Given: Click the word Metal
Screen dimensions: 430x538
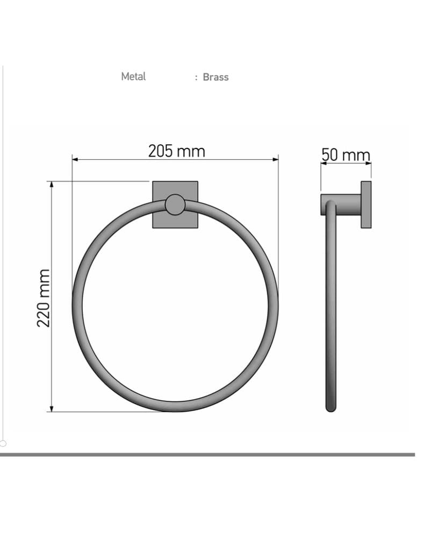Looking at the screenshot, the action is (x=133, y=76).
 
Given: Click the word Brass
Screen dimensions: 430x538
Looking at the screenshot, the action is (x=216, y=77).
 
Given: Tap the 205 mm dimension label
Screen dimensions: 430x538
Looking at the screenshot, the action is (x=177, y=151).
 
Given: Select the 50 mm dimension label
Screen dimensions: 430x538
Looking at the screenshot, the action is (x=346, y=155).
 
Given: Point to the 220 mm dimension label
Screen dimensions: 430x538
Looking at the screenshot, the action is (x=44, y=298).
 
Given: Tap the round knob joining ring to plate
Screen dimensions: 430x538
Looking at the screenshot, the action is (x=175, y=204).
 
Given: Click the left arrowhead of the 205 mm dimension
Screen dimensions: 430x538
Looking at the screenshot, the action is (x=75, y=159).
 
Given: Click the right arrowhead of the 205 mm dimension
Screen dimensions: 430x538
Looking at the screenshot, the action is (x=275, y=159).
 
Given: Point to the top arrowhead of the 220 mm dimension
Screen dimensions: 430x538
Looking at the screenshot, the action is (x=52, y=185).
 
